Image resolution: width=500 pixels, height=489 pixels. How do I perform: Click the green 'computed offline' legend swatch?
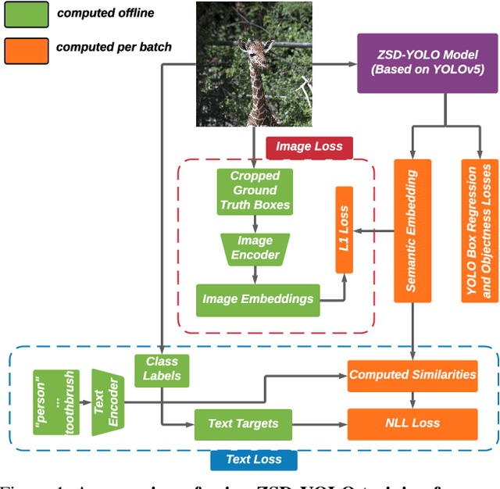coord(24,13)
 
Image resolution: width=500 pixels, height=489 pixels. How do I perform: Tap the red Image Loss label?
coord(309,146)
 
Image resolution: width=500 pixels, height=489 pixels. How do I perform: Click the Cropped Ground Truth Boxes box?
coord(254,190)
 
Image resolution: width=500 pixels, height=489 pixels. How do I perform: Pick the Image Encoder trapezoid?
coord(255,248)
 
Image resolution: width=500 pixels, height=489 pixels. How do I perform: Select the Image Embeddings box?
coord(257,298)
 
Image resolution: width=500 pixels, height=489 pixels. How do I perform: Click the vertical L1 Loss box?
coord(344,230)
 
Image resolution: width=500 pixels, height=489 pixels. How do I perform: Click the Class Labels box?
coord(162,368)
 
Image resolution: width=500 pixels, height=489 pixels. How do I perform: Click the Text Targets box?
coord(243,424)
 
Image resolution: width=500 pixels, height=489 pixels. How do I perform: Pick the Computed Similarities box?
coord(412,374)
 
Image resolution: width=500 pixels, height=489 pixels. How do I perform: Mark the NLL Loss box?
coord(412,423)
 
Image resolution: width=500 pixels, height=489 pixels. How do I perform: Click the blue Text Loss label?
coord(253,459)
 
